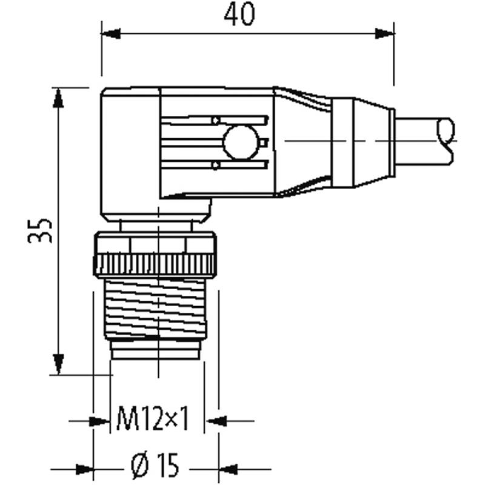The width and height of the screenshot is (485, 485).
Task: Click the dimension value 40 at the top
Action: point(239,15)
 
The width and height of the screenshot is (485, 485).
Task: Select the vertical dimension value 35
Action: point(40,231)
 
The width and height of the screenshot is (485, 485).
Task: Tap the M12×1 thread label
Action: point(153,418)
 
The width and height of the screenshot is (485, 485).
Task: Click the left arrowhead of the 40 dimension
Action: point(111,33)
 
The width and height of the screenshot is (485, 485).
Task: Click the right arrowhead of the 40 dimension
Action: point(385,33)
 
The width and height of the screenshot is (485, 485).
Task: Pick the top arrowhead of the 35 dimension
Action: point(58,98)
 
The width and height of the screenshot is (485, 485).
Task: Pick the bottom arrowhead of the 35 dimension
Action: point(58,364)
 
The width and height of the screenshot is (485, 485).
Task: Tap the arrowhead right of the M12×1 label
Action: point(216,421)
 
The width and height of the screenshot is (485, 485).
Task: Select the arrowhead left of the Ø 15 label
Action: point(84,469)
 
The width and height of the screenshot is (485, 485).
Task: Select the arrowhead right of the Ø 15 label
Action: point(228,469)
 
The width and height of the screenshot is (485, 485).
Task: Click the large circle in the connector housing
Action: point(241,142)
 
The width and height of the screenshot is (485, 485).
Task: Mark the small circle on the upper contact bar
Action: point(216,120)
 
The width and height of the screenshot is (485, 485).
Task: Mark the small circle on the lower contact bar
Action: point(216,165)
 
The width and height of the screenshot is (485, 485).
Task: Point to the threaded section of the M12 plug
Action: point(156,309)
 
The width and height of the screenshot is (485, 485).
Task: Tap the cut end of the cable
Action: point(446,141)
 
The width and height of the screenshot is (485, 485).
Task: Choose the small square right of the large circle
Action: point(264,142)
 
